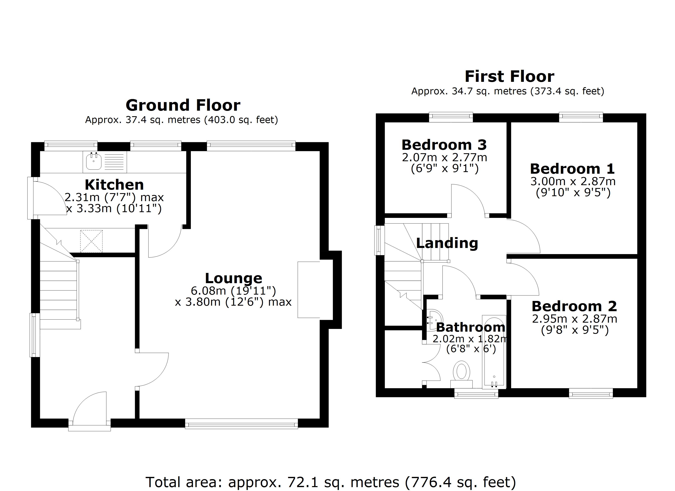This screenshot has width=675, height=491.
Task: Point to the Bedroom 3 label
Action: [444, 145]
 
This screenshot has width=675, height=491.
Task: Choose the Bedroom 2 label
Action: [574, 306]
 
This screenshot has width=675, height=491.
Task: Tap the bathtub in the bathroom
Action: [494, 351]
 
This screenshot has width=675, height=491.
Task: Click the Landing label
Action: [447, 243]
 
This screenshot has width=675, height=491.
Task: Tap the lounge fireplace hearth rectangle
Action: [309, 290]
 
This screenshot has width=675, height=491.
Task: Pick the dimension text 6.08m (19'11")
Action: [233, 290]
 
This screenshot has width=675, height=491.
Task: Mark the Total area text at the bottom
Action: [330, 482]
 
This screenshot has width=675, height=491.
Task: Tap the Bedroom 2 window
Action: [591, 394]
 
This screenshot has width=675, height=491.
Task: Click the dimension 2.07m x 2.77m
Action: [444, 157]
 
